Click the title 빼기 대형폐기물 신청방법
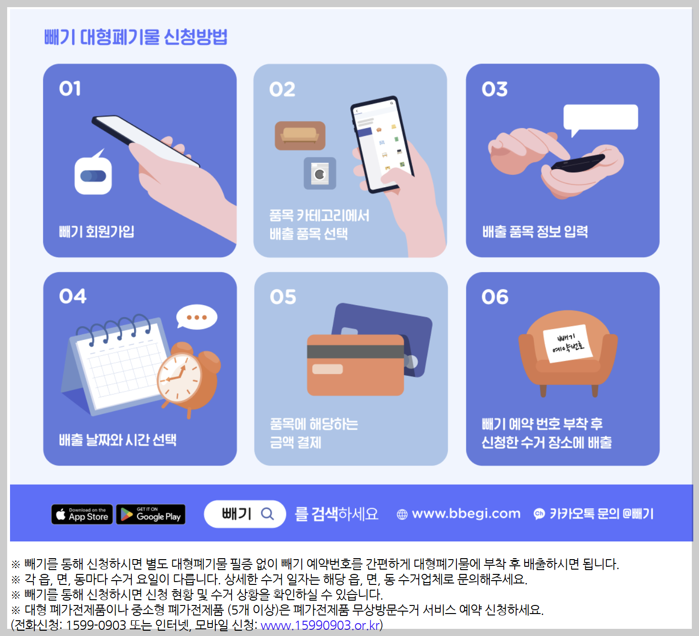(136, 37)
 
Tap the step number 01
(70, 89)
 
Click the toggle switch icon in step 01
(94, 176)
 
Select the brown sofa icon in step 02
(300, 135)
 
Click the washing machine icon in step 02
(320, 173)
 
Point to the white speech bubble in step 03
(600, 117)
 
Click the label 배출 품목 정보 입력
(535, 232)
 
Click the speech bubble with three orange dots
(197, 317)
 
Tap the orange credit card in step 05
(355, 365)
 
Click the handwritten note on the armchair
(567, 343)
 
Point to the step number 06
(495, 297)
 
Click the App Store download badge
(82, 514)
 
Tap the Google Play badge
(151, 514)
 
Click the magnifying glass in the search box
(267, 514)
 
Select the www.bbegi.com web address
(466, 514)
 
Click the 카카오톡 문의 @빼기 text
(601, 514)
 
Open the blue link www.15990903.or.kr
(320, 625)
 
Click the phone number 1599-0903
(95, 625)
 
